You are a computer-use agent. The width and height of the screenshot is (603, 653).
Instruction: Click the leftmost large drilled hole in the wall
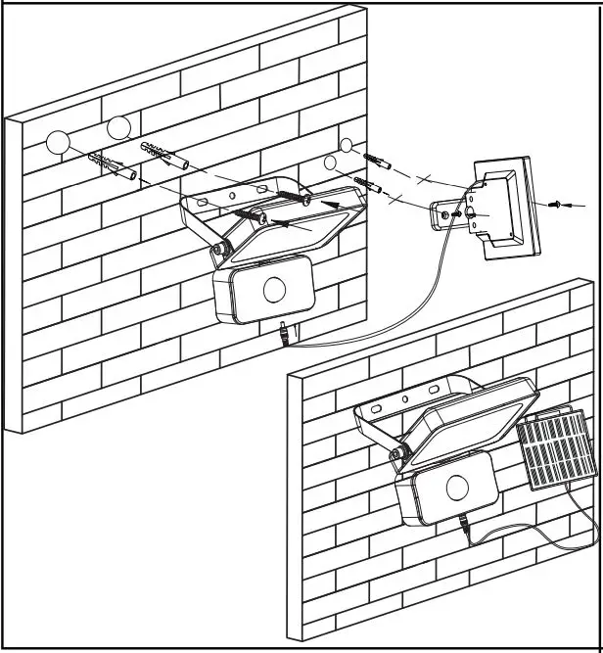click(x=59, y=143)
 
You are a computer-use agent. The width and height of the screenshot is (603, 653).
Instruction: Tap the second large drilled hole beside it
click(x=118, y=127)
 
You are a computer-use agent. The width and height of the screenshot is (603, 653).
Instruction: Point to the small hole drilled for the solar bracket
click(x=345, y=144)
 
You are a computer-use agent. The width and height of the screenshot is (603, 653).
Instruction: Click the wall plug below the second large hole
click(x=164, y=154)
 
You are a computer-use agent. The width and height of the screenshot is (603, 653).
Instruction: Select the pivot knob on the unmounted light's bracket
click(x=218, y=249)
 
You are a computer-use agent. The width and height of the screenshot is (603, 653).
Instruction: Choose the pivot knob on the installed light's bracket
click(x=398, y=453)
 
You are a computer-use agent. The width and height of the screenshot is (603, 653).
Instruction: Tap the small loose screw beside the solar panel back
click(x=557, y=206)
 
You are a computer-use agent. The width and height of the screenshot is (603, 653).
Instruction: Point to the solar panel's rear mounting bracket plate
click(x=456, y=211)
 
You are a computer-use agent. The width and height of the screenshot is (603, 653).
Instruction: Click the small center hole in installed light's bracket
click(x=404, y=398)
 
